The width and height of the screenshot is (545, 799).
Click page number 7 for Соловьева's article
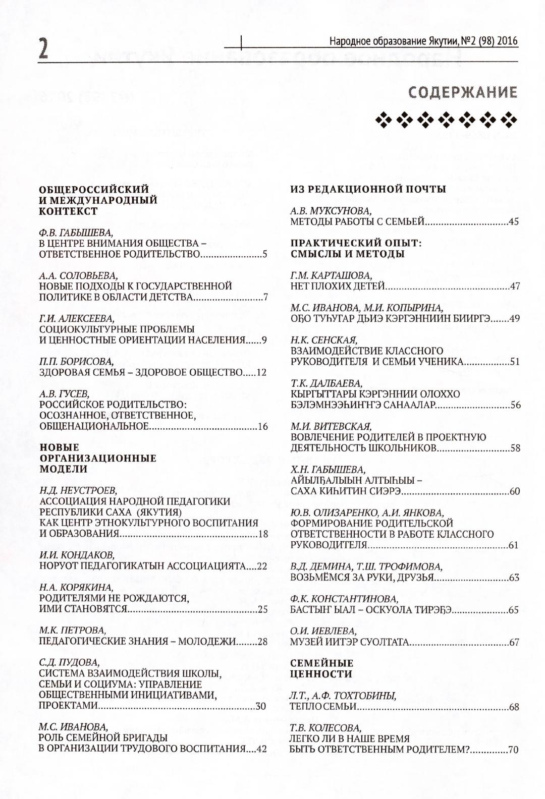pos(264,297)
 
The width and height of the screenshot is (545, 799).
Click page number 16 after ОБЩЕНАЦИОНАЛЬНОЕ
pos(262,427)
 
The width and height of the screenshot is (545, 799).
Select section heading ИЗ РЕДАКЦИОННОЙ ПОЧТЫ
pos(368,189)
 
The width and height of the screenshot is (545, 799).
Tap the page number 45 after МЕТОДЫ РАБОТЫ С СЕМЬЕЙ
pos(514,221)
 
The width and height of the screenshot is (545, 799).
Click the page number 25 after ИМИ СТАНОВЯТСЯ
pos(262,609)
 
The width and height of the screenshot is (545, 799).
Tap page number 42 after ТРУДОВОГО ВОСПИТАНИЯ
pos(261,749)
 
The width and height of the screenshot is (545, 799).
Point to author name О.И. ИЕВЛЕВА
pos(323,631)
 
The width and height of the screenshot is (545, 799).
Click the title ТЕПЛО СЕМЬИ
pos(323,707)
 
